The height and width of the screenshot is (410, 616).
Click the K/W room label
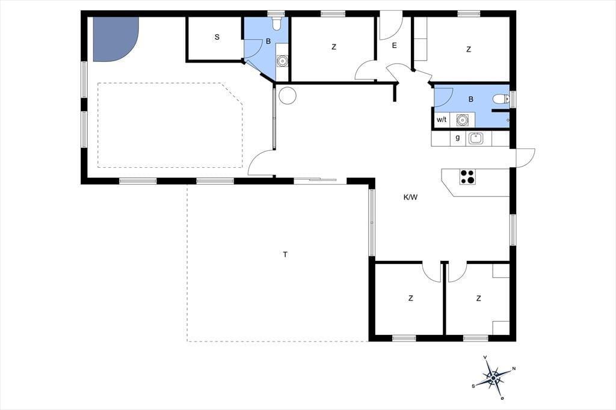[410, 198]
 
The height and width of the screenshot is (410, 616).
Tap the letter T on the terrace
[285, 254]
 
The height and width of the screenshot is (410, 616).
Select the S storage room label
[217, 37]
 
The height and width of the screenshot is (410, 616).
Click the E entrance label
[395, 46]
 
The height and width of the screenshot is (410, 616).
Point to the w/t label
[442, 120]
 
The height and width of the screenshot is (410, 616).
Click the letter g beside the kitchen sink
[458, 138]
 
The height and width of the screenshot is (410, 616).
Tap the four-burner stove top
[467, 176]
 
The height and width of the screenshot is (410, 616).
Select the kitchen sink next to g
[475, 138]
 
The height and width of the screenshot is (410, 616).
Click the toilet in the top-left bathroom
[277, 23]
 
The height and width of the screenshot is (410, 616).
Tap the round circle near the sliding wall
[287, 95]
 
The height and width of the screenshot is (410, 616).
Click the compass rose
[493, 378]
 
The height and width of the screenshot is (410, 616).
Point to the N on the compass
[514, 369]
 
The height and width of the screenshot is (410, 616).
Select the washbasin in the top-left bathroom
[282, 61]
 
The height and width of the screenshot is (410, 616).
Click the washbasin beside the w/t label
[463, 120]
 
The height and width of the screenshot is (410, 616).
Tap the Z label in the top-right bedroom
[468, 49]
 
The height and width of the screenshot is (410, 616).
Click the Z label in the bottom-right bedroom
[478, 298]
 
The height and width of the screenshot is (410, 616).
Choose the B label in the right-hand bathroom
[471, 99]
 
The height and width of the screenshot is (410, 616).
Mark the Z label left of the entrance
[334, 47]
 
